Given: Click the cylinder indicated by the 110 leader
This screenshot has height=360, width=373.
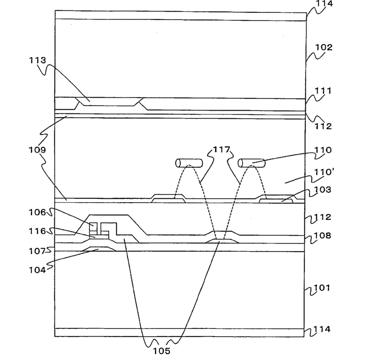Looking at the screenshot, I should (250, 164).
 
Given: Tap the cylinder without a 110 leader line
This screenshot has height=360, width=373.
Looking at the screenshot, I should (189, 164).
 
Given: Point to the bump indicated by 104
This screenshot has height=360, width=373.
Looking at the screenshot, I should (98, 249).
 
